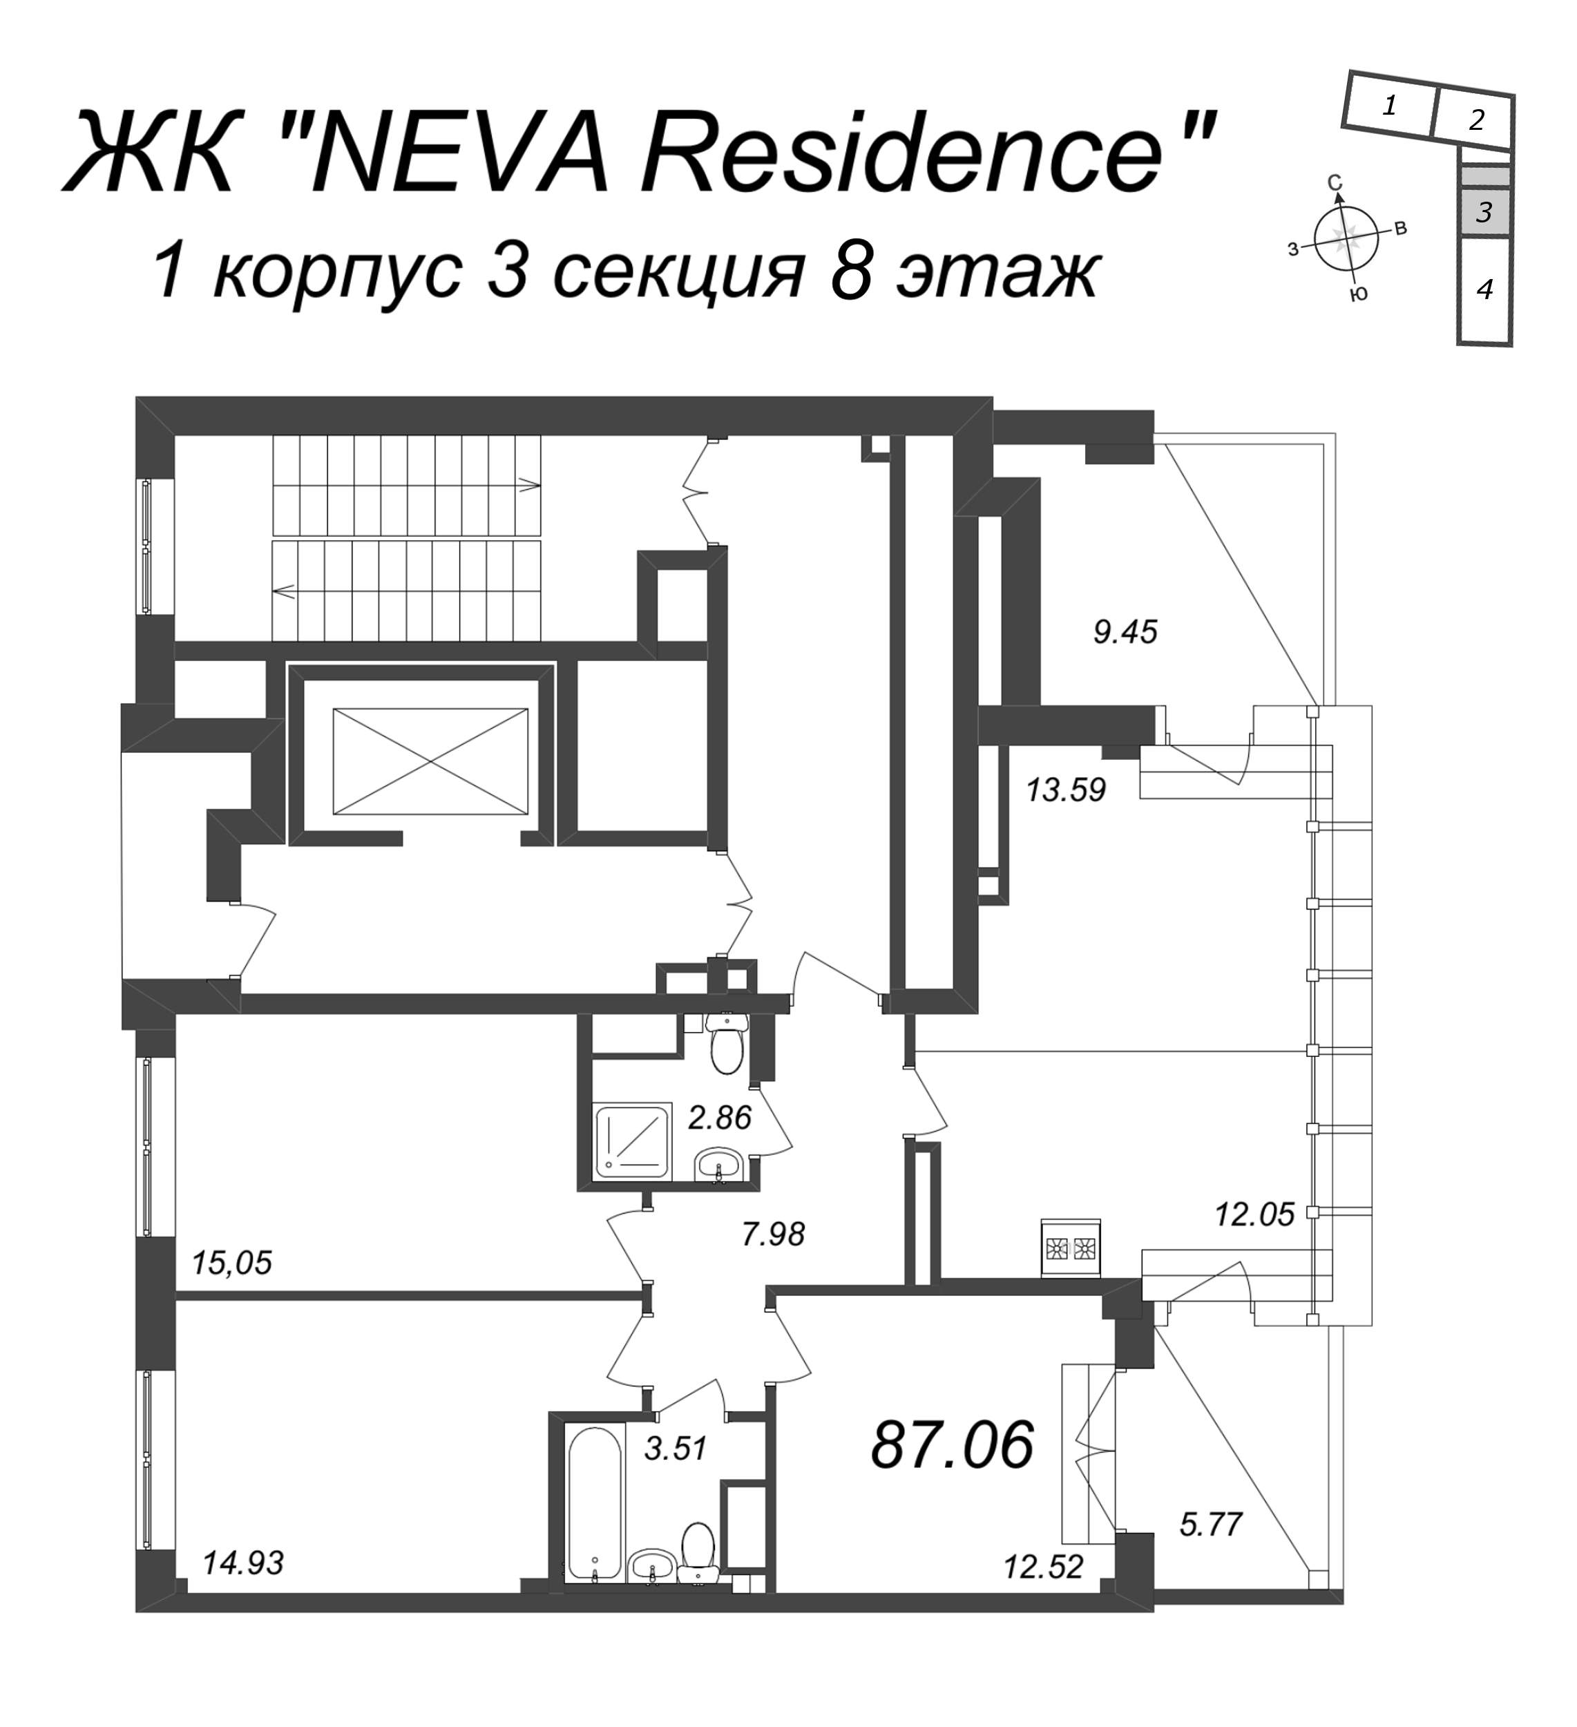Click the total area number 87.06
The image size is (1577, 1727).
point(953,1444)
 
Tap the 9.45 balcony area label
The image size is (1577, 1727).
point(1125,632)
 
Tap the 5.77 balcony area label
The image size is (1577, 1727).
point(1210,1524)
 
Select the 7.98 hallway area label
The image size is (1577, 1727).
point(774,1234)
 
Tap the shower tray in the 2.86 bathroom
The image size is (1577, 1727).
point(632,1138)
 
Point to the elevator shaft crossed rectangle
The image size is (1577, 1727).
point(430,761)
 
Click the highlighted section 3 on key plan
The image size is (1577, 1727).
point(1484,211)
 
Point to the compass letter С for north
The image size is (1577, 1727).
point(1334,182)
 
